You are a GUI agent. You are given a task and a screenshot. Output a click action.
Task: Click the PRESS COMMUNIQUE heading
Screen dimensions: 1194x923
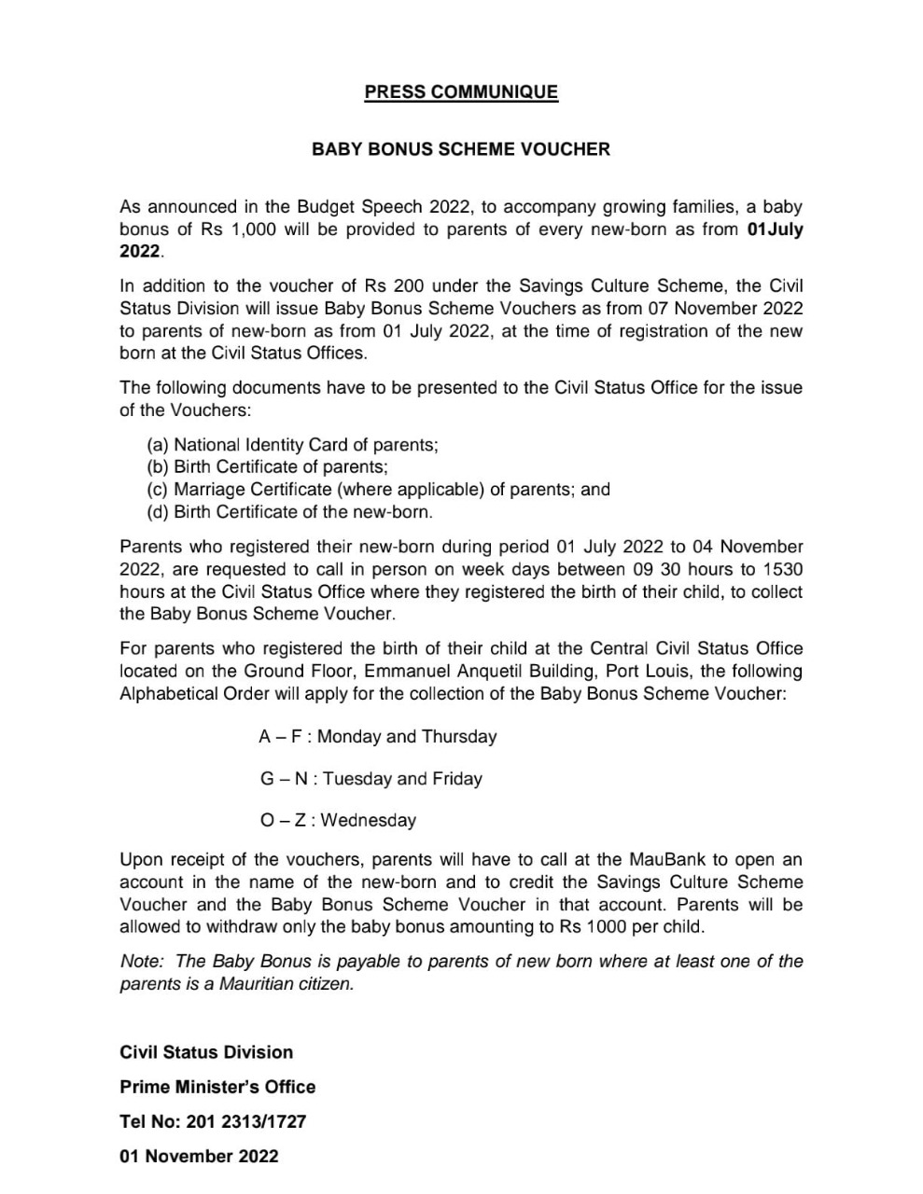(x=461, y=92)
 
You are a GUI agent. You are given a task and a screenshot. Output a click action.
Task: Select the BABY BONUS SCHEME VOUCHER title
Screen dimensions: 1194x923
(x=461, y=149)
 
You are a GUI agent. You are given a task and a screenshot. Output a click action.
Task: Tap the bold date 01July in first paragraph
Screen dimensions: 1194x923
(x=775, y=229)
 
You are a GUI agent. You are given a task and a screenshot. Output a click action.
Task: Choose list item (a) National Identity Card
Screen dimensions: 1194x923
(x=292, y=445)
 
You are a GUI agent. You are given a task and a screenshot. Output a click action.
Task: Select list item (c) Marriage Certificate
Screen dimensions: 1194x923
(x=378, y=490)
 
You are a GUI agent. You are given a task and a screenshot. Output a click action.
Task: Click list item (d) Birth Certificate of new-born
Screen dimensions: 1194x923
(x=289, y=512)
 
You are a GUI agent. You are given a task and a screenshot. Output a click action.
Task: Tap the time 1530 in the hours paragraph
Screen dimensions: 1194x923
(x=782, y=569)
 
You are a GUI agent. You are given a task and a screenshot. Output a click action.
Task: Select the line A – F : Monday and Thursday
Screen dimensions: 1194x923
(x=377, y=737)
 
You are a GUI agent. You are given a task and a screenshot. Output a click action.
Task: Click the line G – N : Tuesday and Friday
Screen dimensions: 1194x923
(x=371, y=779)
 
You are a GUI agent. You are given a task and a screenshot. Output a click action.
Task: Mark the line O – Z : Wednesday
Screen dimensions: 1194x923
(x=338, y=821)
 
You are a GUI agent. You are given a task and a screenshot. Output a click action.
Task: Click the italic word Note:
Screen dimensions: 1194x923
(x=142, y=962)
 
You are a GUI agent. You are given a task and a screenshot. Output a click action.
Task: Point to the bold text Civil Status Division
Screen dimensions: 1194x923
(x=206, y=1052)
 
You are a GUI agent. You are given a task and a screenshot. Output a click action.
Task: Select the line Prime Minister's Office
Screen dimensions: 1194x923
(x=217, y=1087)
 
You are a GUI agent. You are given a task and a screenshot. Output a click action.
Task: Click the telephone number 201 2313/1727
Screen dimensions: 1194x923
(x=246, y=1121)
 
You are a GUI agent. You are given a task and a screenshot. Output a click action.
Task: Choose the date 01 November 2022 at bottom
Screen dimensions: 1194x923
(x=199, y=1156)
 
